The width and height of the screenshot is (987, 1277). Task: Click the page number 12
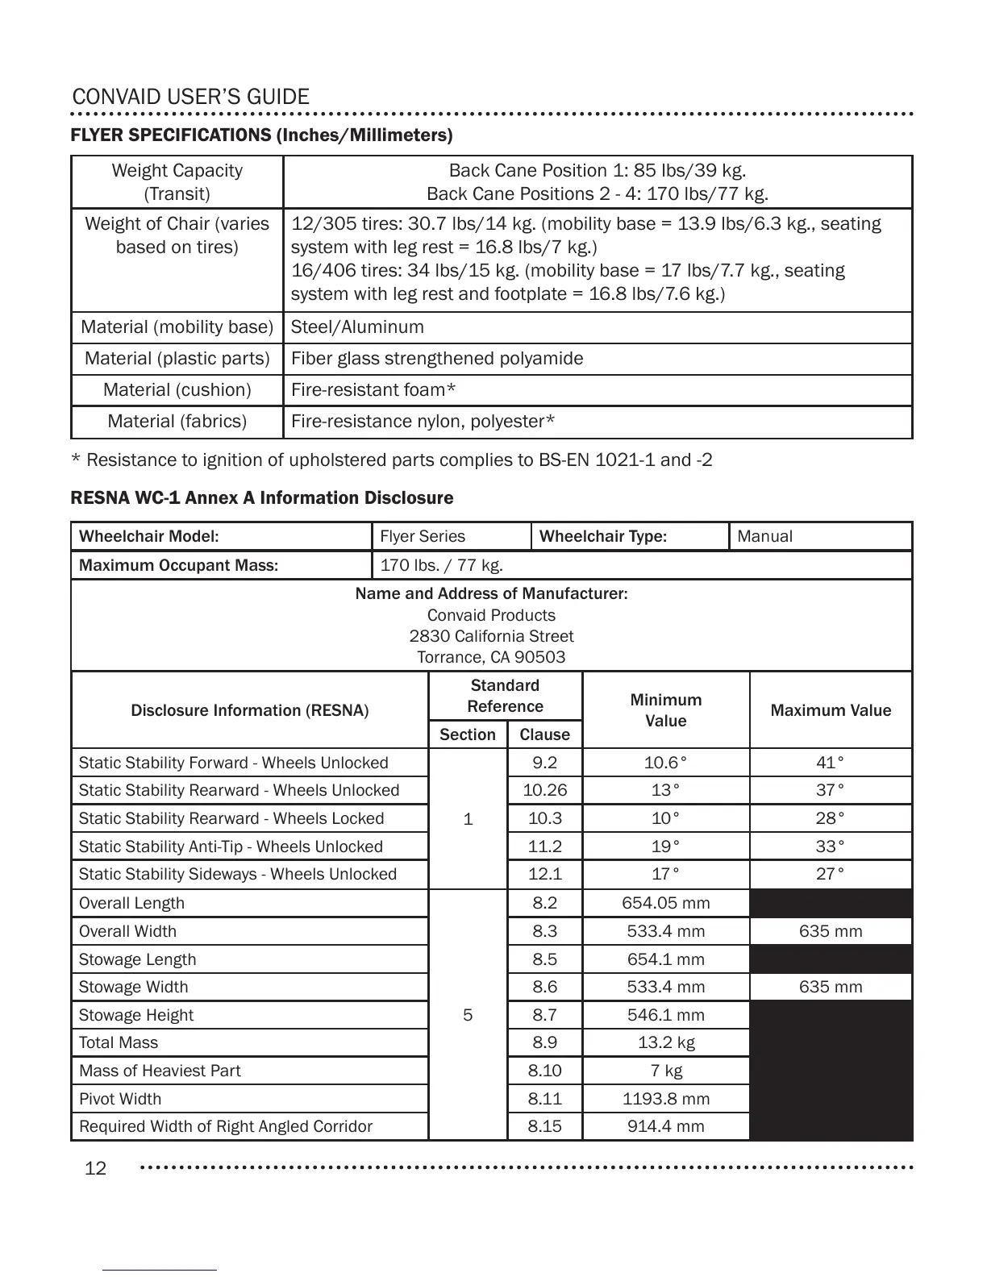(x=95, y=1168)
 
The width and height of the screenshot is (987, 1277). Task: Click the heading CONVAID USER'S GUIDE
(x=190, y=98)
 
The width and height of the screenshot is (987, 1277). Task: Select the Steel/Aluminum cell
(x=357, y=327)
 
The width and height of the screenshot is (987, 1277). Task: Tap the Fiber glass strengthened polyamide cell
(x=436, y=359)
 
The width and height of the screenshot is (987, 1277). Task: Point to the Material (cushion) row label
(x=177, y=390)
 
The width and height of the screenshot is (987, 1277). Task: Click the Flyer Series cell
(x=423, y=536)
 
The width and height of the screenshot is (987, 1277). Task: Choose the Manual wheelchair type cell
(x=764, y=536)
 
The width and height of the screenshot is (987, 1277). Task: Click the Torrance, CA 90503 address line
(x=491, y=657)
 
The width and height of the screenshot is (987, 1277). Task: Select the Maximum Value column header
(x=831, y=710)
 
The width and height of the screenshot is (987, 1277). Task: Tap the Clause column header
(x=544, y=734)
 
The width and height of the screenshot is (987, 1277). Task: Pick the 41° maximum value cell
(x=831, y=763)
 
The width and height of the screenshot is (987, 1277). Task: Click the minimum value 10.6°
(x=665, y=763)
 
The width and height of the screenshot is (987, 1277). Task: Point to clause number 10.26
(x=544, y=790)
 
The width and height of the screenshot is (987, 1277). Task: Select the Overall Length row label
(x=131, y=903)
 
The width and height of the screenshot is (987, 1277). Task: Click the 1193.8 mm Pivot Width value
(x=665, y=1099)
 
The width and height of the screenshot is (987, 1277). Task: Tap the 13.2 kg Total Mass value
(x=665, y=1042)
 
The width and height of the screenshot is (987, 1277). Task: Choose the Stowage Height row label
(x=136, y=1015)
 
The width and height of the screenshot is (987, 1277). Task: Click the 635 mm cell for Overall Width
(x=831, y=931)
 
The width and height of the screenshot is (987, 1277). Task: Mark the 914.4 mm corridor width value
(x=665, y=1126)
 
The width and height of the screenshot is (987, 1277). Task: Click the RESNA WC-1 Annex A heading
(x=262, y=498)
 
